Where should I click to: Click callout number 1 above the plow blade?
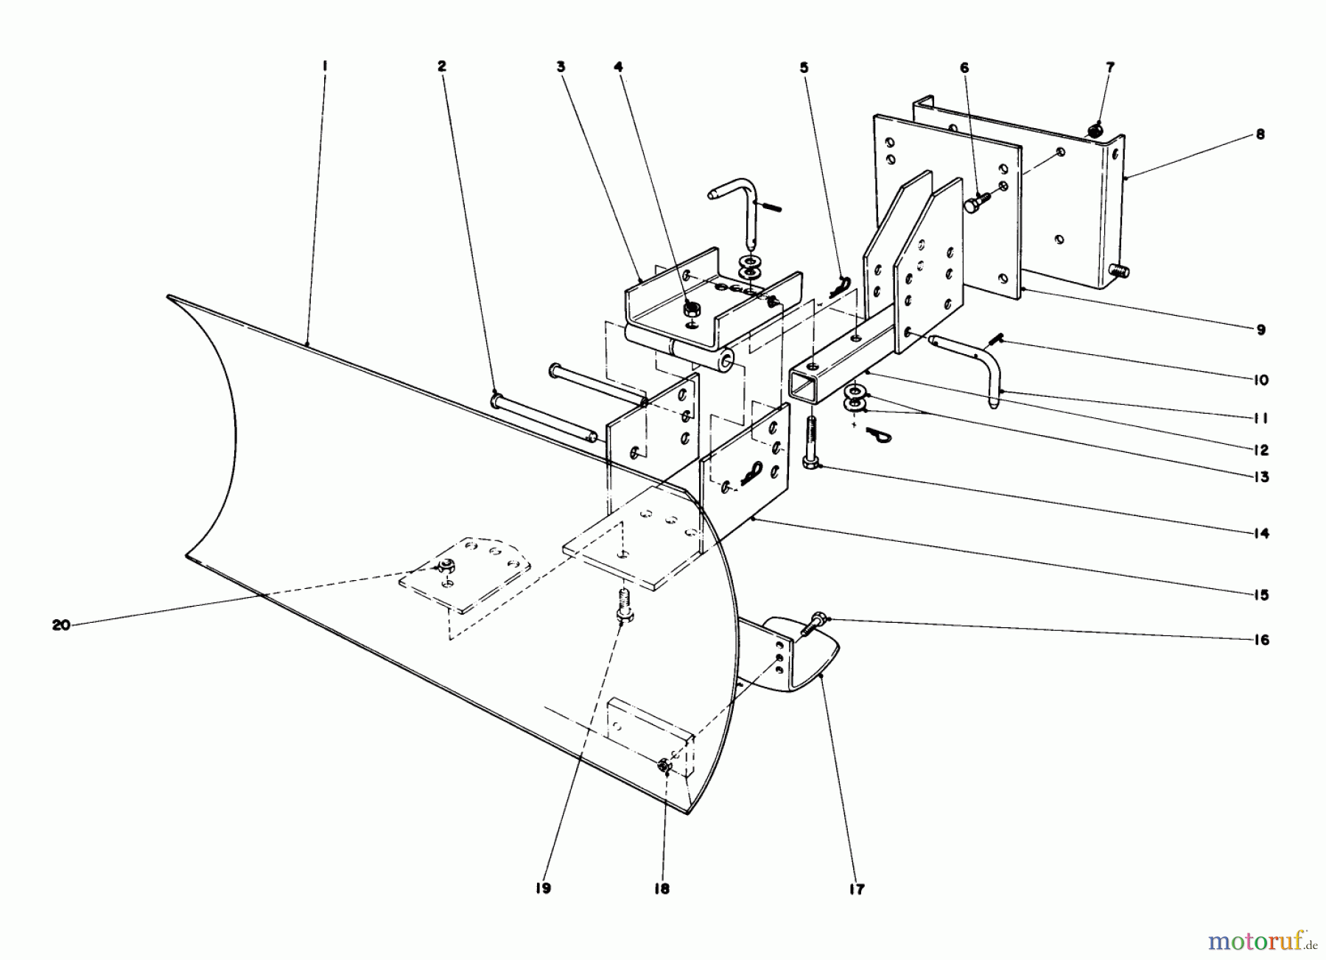[324, 66]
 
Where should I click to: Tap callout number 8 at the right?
[1260, 135]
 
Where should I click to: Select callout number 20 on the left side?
[61, 625]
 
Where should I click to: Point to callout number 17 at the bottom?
[857, 889]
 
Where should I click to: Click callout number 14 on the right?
[1261, 534]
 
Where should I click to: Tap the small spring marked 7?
[1096, 130]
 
